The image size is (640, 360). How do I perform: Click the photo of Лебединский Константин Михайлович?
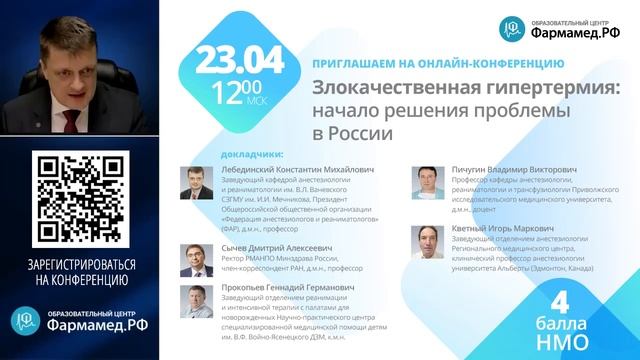pyautogui.click(x=193, y=184)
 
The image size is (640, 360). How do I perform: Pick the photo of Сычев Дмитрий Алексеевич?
pyautogui.click(x=193, y=258)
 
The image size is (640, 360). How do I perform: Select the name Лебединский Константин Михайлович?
pyautogui.click(x=289, y=171)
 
